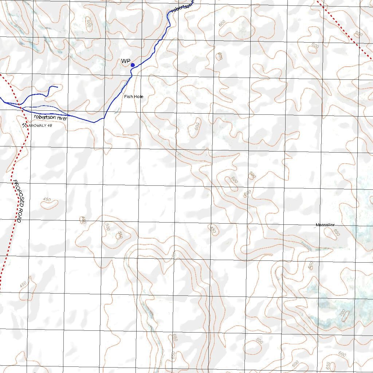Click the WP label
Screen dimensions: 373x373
126,61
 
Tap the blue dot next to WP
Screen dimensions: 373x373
133,65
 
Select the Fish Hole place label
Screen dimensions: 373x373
134,97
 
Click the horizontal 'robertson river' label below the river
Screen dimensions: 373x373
51,117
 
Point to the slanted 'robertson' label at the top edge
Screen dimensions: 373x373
182,7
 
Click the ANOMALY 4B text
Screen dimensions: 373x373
41,126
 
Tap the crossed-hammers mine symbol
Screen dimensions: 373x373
25,125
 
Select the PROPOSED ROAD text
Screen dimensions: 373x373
18,201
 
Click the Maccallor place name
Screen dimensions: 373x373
325,225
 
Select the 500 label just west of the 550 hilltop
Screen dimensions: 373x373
107,227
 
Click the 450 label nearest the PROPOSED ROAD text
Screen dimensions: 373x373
47,199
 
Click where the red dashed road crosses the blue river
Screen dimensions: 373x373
21,108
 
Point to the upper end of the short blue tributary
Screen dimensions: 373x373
57,87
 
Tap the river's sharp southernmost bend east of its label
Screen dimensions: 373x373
94,122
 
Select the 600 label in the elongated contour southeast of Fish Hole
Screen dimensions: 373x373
197,126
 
